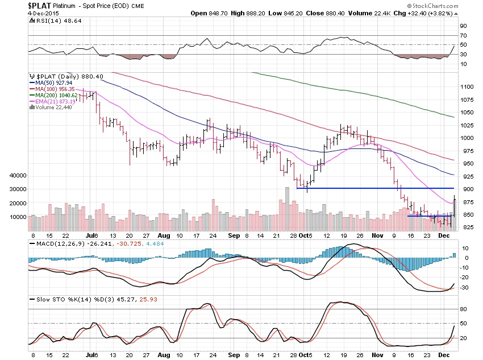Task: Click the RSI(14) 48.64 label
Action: pos(50,21)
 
